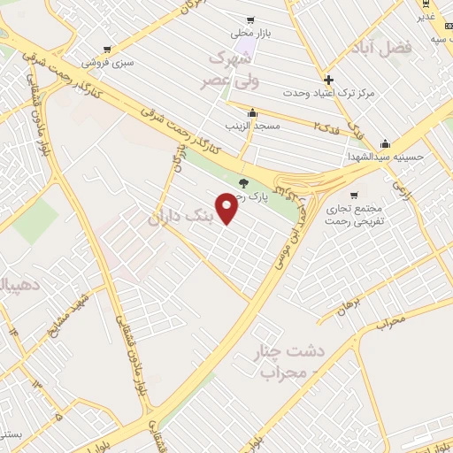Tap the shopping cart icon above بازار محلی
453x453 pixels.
click(250, 20)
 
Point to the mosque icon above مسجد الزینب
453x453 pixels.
click(253, 113)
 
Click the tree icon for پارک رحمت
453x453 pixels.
click(244, 182)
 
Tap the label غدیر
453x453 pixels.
click(426, 17)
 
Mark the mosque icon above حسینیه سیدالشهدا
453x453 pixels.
click(385, 144)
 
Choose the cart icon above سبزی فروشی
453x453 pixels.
click(116, 50)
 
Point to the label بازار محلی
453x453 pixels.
click(250, 34)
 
